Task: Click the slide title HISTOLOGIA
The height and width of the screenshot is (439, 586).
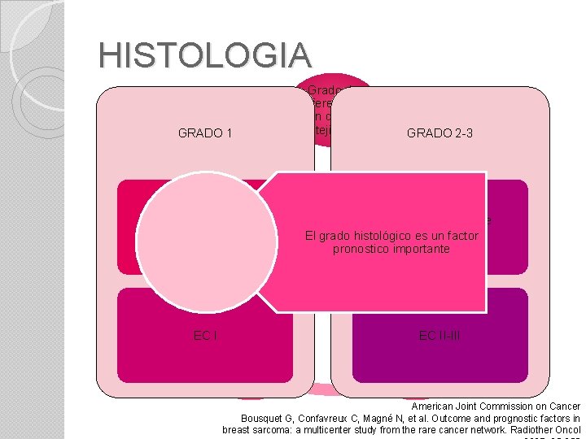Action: click(204, 55)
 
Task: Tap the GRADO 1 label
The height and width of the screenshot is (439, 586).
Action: click(205, 133)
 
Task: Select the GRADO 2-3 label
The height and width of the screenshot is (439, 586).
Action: click(439, 133)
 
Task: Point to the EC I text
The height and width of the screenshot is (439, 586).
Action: click(205, 335)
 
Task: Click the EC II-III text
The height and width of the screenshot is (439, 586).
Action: click(439, 335)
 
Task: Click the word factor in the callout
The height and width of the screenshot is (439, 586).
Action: click(460, 236)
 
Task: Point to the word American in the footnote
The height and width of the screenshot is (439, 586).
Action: click(435, 406)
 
